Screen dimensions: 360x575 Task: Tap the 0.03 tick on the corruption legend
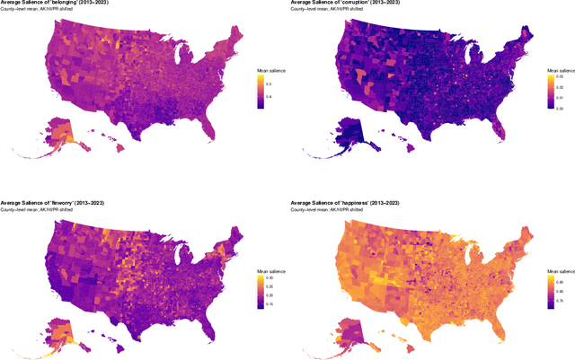click(x=562, y=77)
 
